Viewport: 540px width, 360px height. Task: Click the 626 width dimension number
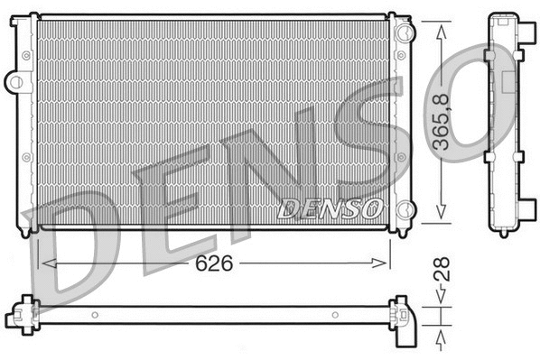216,263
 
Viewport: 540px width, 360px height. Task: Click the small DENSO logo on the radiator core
328,209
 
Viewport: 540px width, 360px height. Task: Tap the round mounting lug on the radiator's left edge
15,82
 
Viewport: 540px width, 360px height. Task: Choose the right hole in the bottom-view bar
334,315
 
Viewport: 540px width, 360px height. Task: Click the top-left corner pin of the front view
34,15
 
